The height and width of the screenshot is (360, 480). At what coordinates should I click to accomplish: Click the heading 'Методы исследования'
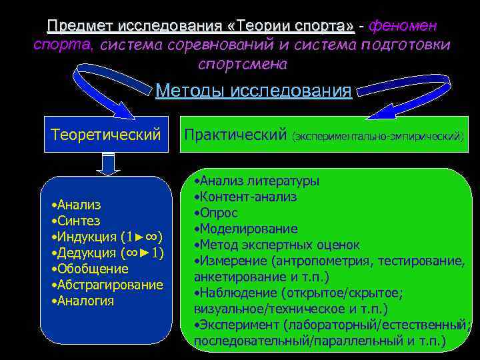tap(253, 91)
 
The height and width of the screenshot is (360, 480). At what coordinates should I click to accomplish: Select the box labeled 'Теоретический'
tap(106, 135)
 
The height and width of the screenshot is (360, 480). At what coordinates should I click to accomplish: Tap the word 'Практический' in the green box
tap(235, 135)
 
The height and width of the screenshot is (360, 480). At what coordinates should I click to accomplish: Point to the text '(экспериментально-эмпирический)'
tap(377, 137)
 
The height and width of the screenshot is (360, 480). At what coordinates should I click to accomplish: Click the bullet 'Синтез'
tap(78, 221)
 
